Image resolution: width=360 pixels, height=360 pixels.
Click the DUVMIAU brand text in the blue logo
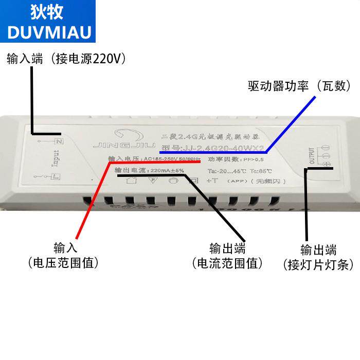coord(50,32)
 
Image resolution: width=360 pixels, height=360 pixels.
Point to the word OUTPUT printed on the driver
coord(311,156)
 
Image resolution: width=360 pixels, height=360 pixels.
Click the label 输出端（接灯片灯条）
coord(318,258)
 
